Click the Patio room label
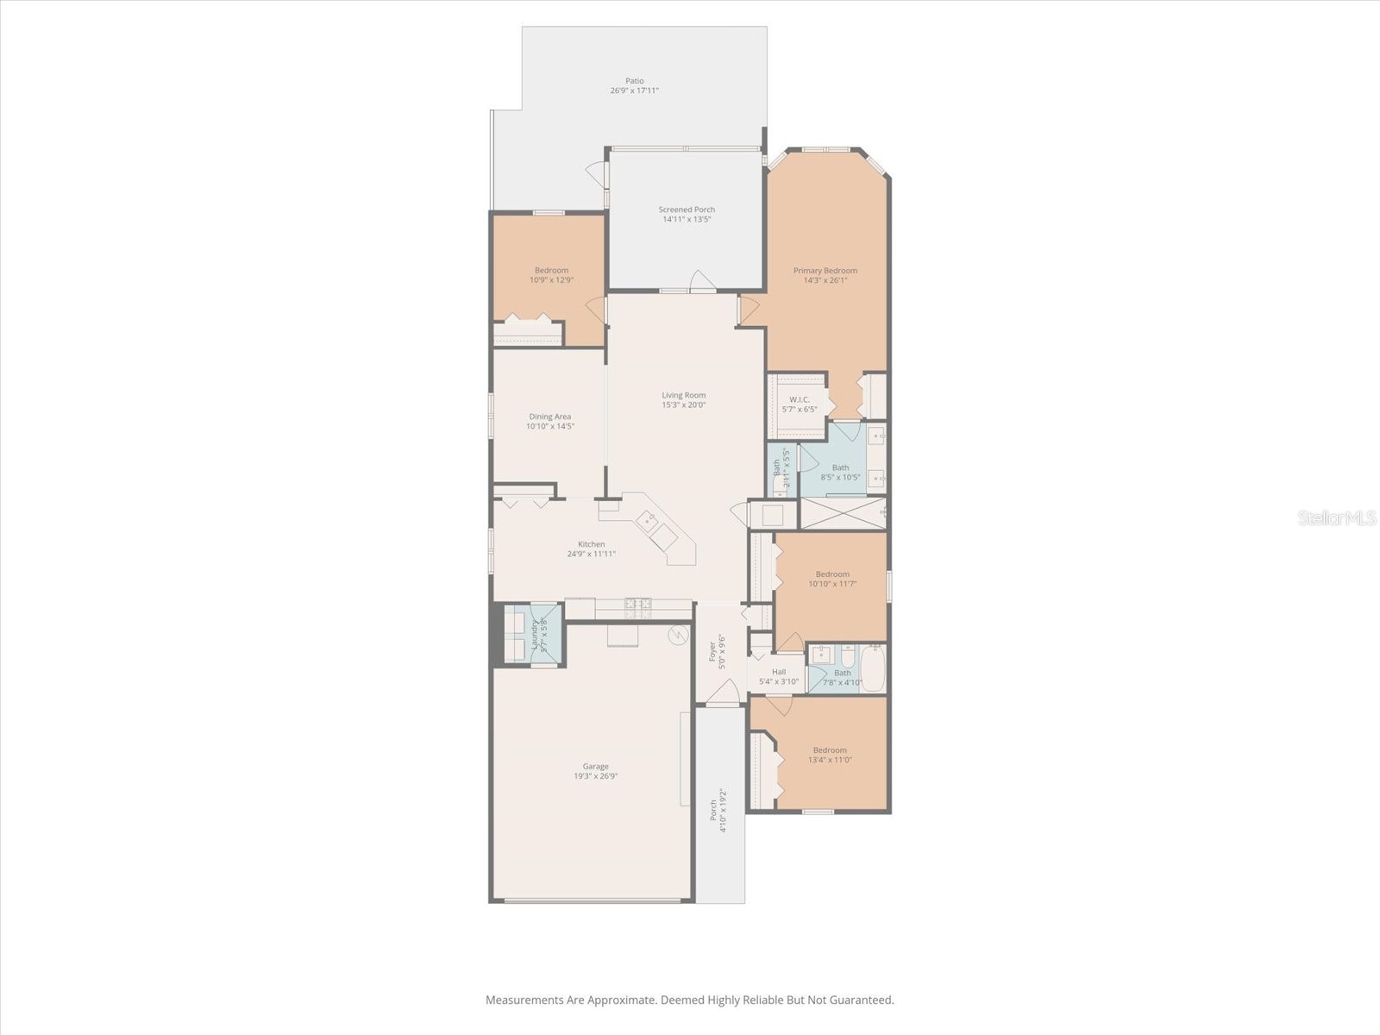(635, 81)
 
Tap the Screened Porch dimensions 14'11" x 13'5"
(687, 219)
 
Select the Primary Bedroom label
(825, 270)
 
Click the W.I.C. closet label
(799, 399)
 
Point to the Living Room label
(683, 395)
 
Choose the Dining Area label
(550, 417)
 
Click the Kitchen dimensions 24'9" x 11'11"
(591, 554)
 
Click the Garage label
(595, 766)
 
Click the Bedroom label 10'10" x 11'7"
(832, 574)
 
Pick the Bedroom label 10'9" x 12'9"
(551, 270)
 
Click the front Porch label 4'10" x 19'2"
(712, 810)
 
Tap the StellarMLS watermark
(1334, 518)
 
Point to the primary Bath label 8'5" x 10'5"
(840, 467)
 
